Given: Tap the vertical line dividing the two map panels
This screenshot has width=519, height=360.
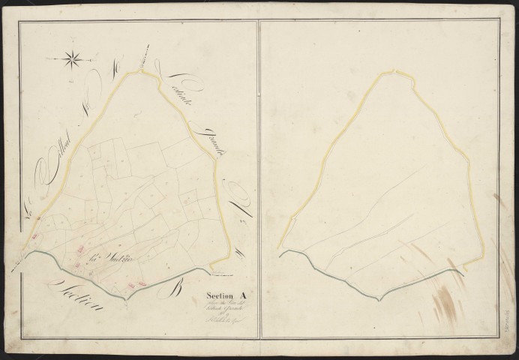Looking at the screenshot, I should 259,180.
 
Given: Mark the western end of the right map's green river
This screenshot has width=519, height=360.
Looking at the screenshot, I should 280,255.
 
